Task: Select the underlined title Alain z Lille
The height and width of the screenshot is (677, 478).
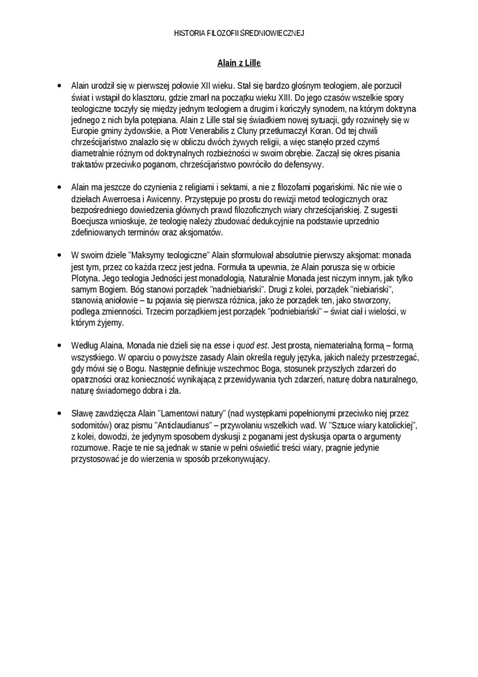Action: pyautogui.click(x=239, y=63)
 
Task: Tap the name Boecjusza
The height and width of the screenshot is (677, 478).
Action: pyautogui.click(x=91, y=222)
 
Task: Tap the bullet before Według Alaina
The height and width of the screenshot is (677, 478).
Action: pyautogui.click(x=58, y=346)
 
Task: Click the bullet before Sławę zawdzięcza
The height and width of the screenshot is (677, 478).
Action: pyautogui.click(x=58, y=414)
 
